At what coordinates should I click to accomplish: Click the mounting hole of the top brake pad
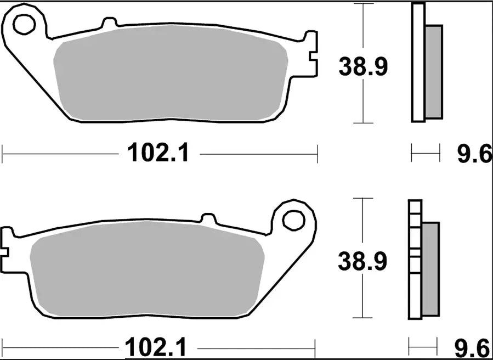pyautogui.click(x=24, y=24)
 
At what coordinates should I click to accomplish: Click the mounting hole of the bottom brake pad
pyautogui.click(x=293, y=220)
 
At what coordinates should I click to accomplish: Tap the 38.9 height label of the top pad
pyautogui.click(x=362, y=67)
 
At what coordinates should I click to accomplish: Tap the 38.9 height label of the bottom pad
pyautogui.click(x=362, y=261)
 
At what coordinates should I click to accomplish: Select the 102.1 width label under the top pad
pyautogui.click(x=158, y=153)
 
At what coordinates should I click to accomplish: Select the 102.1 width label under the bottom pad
pyautogui.click(x=156, y=347)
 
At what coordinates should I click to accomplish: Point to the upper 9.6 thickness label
pyautogui.click(x=474, y=155)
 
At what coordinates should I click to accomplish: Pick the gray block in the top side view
pyautogui.click(x=434, y=71)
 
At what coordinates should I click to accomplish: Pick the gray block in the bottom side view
pyautogui.click(x=430, y=268)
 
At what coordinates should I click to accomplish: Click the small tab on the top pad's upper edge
pyautogui.click(x=110, y=23)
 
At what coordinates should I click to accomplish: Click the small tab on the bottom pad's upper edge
pyautogui.click(x=208, y=218)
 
